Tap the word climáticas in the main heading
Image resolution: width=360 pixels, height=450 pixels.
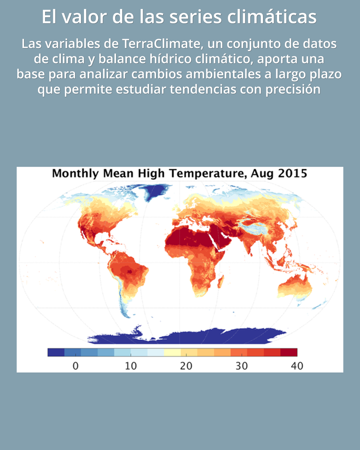(x=272, y=17)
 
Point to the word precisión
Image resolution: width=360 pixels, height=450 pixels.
(x=293, y=89)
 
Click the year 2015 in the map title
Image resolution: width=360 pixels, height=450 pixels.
(x=292, y=173)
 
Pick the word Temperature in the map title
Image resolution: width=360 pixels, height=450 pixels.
(x=208, y=173)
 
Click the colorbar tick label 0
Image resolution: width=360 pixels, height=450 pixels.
(x=76, y=366)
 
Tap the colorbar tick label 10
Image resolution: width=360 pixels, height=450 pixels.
(x=131, y=366)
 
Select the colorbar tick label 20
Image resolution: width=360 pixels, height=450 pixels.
(x=186, y=366)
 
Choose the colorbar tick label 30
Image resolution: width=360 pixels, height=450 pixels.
(x=241, y=366)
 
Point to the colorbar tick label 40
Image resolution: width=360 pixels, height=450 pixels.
(x=297, y=366)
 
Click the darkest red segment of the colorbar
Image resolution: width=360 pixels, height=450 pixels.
(x=289, y=352)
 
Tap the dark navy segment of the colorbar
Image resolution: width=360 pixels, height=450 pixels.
(x=56, y=352)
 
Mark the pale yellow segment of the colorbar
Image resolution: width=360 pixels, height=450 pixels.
(x=172, y=352)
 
